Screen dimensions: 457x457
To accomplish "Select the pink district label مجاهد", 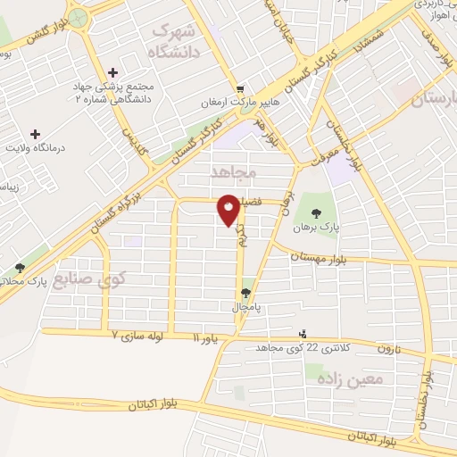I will (235, 170).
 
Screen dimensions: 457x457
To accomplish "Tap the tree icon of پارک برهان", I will (319, 212).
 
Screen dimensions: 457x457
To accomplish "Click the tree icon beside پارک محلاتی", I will (20, 268).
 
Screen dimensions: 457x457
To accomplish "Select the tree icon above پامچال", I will (247, 293).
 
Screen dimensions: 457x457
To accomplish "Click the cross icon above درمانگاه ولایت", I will (36, 134).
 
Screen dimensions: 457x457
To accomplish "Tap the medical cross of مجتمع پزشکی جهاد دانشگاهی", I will (112, 72).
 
